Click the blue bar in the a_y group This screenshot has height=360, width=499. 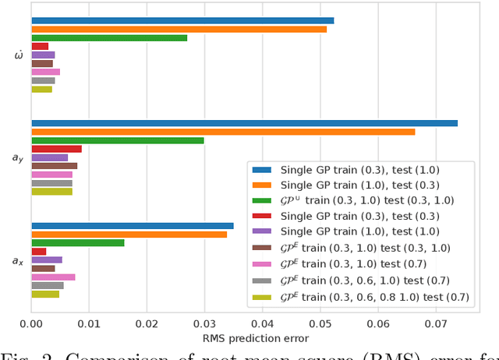244,123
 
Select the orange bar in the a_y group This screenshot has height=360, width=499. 223,132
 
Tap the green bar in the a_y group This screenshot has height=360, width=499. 117,140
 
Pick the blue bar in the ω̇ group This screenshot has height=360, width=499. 182,20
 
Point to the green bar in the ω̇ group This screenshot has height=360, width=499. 109,37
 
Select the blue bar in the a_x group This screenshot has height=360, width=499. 132,226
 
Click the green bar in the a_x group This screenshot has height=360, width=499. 77,242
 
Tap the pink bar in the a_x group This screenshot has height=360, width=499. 53,277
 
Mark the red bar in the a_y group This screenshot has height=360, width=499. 56,149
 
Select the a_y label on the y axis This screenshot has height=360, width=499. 17,157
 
